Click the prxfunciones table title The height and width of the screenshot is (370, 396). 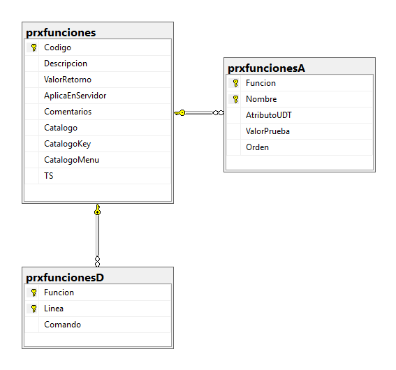click(61, 33)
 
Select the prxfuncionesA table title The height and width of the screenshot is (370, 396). click(266, 68)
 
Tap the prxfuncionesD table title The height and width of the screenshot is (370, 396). click(65, 278)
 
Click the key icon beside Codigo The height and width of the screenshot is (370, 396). click(34, 47)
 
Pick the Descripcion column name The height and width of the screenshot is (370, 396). click(66, 64)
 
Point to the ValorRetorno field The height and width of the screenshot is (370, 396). click(68, 80)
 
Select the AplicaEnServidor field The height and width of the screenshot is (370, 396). click(75, 96)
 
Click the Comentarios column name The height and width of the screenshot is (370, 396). click(68, 112)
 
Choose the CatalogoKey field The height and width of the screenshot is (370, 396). click(68, 144)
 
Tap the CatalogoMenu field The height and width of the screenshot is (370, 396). click(72, 160)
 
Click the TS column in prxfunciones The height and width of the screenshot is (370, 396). click(49, 176)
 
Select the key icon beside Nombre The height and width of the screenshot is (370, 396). click(235, 99)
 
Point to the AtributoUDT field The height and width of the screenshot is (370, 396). click(269, 115)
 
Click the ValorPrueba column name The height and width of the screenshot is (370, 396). click(267, 131)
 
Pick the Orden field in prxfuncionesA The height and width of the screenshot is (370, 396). click(257, 147)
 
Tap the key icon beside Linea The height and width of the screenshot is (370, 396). click(34, 309)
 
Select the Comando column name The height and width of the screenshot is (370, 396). click(63, 325)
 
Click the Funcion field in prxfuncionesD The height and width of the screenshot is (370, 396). click(59, 293)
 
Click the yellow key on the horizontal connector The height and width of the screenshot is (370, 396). click(179, 113)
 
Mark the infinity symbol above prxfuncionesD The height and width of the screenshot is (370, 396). click(98, 261)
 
